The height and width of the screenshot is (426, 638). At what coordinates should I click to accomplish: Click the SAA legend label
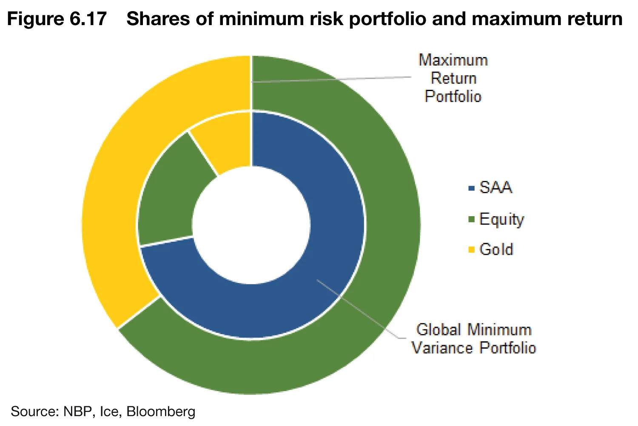(496, 188)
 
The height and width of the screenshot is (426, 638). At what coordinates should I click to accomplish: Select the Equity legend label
(501, 220)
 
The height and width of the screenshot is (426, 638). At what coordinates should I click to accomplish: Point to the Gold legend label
(496, 249)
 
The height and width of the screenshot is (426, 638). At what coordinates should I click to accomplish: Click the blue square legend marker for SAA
(471, 188)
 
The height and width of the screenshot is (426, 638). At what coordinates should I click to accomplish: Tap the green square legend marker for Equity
(471, 220)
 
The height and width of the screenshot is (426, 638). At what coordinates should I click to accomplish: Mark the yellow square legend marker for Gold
(471, 250)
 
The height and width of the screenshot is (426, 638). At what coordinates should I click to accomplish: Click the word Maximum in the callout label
(453, 60)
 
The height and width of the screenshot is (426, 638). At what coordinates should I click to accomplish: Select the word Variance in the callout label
(442, 348)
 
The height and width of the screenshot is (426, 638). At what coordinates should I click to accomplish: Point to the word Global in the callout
(439, 330)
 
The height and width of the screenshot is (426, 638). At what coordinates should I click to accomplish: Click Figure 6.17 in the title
(57, 19)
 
